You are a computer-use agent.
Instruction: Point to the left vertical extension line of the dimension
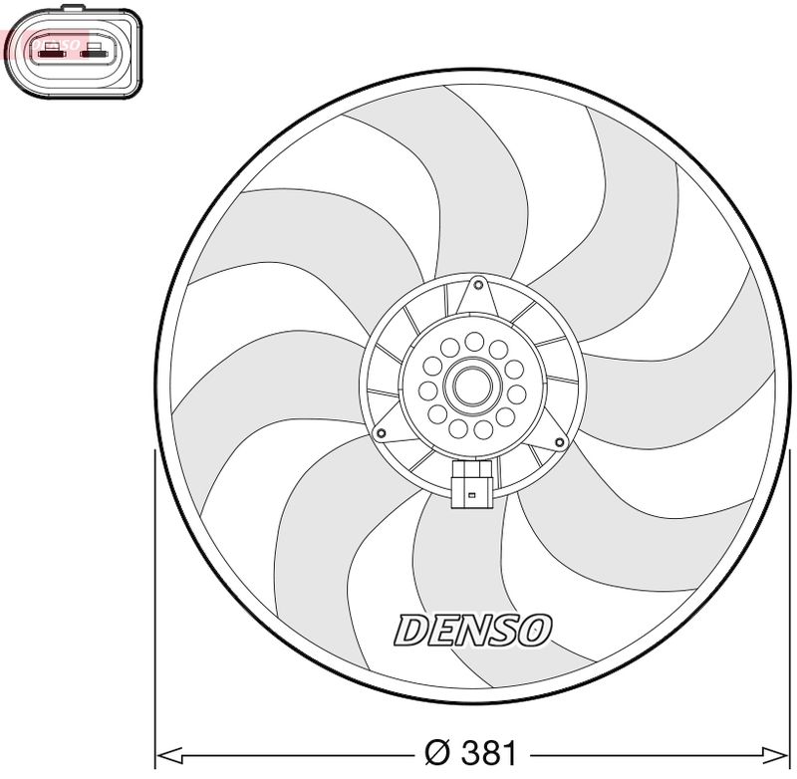[153, 598]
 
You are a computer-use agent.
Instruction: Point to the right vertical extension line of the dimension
[794, 598]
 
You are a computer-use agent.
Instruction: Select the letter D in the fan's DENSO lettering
[409, 629]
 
